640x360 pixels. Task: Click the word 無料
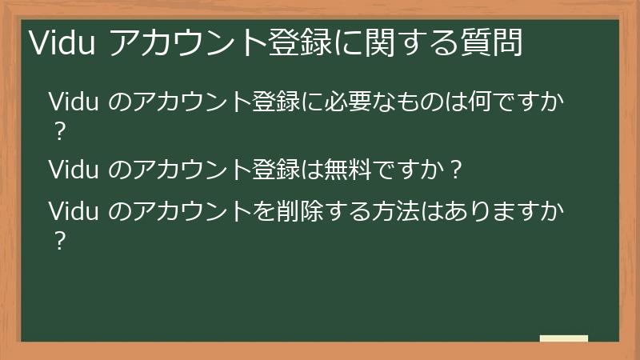tap(350, 170)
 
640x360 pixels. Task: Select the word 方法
tap(393, 212)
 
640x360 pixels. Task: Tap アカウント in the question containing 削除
tap(181, 212)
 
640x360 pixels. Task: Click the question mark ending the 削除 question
tap(57, 241)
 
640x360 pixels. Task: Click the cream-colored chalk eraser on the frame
tap(564, 338)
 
